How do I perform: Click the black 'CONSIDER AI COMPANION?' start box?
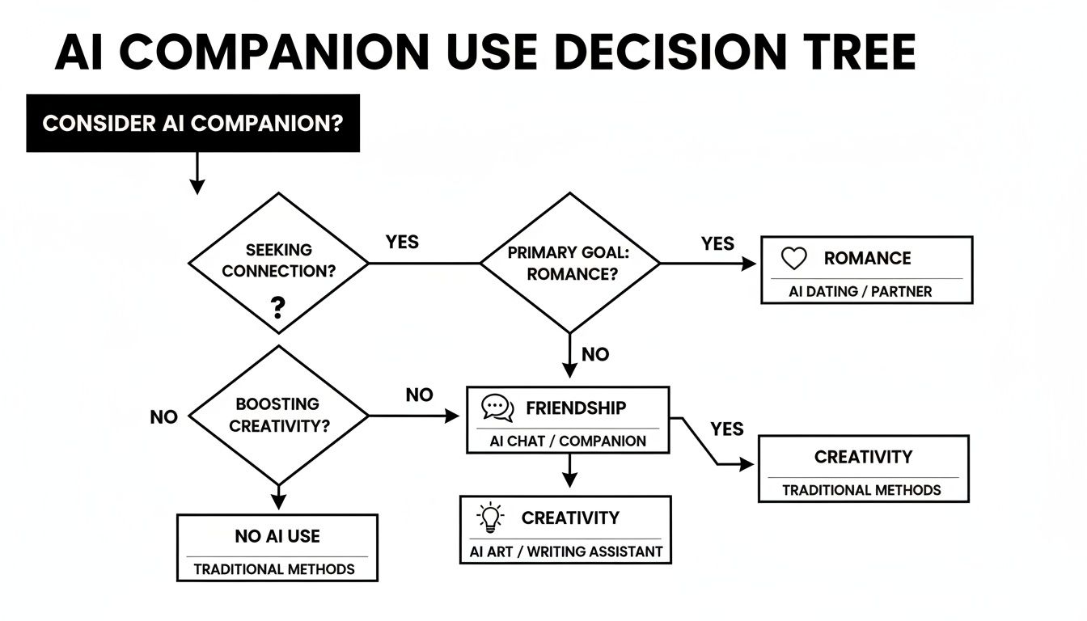192,124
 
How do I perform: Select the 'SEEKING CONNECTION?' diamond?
278,262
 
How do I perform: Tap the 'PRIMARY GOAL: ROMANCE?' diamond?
569,263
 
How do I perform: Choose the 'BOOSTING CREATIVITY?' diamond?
278,416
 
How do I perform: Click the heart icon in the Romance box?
794,259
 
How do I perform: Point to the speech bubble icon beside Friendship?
497,408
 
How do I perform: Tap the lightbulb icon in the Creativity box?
490,517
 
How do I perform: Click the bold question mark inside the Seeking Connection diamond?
277,307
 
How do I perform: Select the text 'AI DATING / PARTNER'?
861,292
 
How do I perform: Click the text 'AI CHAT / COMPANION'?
568,441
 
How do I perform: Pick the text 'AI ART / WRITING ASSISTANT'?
566,552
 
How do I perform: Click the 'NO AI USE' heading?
277,536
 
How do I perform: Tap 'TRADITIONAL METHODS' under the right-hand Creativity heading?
861,490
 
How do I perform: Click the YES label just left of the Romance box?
717,243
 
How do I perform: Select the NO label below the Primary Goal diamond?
595,354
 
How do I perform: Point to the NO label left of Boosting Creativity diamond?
163,417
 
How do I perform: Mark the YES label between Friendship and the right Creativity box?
726,429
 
